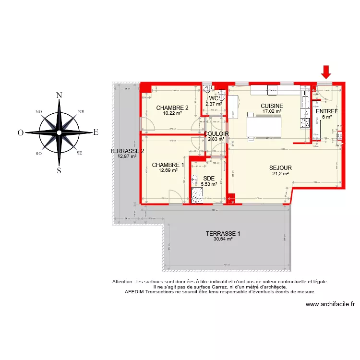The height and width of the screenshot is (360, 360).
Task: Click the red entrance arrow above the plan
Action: coord(326,72)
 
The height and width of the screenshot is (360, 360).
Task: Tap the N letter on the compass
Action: coord(59,95)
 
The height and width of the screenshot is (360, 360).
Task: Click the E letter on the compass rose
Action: coord(96,132)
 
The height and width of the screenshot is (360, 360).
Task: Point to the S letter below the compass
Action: coord(59,170)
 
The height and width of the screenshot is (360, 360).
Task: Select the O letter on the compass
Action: coord(21,132)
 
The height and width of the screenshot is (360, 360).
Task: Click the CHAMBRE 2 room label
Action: coord(172,108)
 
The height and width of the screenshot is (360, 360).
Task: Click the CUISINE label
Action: coord(272,106)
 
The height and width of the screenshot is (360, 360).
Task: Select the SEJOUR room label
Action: coord(280,168)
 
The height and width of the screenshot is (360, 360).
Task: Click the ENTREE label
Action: coord(327,111)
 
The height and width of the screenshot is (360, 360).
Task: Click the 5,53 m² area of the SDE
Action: coord(209,183)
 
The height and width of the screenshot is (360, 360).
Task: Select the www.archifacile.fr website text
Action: coord(330,304)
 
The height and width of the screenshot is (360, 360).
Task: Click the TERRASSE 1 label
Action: coord(223,234)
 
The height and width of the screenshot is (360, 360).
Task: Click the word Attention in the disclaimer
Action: coord(124,282)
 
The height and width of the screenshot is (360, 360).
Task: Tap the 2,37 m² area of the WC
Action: coord(214,104)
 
